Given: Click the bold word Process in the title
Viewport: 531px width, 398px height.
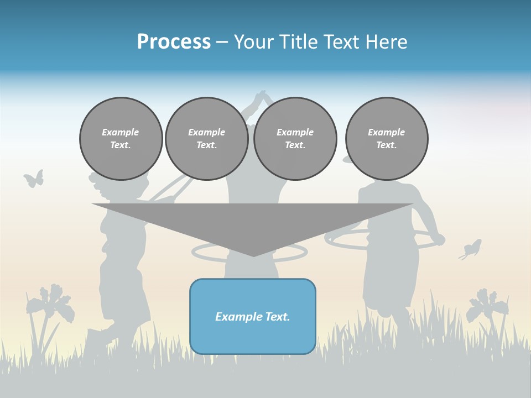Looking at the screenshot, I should click(x=174, y=42).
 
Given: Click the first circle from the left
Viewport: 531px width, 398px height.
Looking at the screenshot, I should click(x=121, y=139).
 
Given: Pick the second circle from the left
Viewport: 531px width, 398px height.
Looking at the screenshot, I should click(x=207, y=139).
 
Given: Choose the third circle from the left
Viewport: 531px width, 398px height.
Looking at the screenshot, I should click(x=295, y=139).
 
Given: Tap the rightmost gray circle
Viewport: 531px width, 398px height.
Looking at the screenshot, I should click(x=387, y=139).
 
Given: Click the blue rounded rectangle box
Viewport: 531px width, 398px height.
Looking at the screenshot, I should click(x=253, y=316).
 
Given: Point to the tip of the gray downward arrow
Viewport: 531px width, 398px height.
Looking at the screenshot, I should click(x=253, y=255).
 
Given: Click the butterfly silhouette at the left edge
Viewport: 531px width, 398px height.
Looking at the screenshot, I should click(x=34, y=179).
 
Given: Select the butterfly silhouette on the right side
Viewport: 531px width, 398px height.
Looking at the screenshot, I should click(x=471, y=249).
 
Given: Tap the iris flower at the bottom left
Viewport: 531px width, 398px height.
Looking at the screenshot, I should click(x=53, y=304).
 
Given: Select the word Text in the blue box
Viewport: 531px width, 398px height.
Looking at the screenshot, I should click(x=278, y=317).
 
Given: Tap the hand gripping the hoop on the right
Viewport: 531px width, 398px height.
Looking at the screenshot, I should click(x=438, y=239).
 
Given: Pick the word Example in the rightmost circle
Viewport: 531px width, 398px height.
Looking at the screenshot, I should click(x=387, y=132).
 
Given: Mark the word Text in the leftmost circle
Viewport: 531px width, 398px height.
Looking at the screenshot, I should click(x=120, y=145).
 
